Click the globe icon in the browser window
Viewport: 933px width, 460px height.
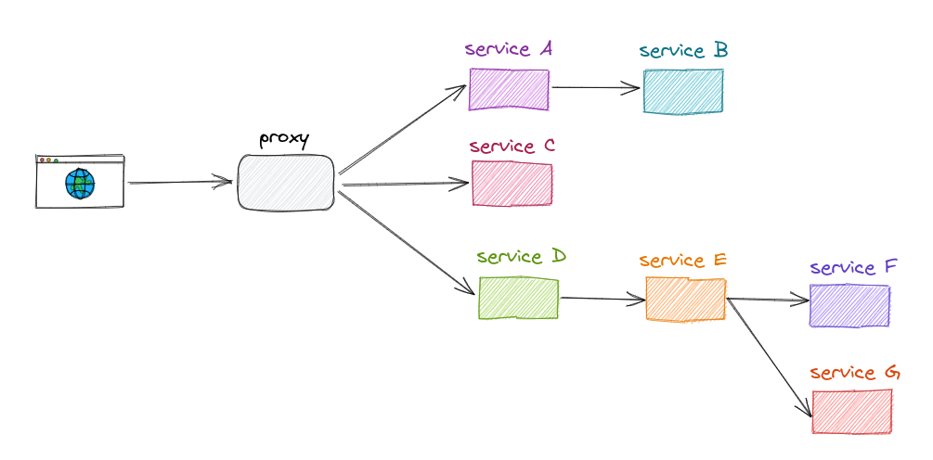point(80,184)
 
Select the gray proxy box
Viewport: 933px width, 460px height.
point(285,183)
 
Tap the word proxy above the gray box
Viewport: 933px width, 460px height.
point(284,140)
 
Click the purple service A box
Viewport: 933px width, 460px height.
point(509,90)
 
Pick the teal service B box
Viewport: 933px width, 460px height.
point(682,91)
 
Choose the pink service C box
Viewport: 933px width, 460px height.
point(512,184)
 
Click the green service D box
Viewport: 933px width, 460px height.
point(518,298)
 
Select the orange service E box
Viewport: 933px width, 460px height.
point(685,300)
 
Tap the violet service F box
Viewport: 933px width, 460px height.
point(849,305)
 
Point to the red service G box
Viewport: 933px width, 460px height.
point(851,411)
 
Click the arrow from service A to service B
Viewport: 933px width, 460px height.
point(594,88)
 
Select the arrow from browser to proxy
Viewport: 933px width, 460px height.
point(179,182)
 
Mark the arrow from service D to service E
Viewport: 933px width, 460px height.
point(603,299)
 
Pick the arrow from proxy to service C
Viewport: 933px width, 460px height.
point(404,185)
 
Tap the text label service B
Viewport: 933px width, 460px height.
point(683,51)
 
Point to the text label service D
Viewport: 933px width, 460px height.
point(521,256)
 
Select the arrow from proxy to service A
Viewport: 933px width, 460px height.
point(402,129)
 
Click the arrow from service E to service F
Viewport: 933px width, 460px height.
point(768,300)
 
